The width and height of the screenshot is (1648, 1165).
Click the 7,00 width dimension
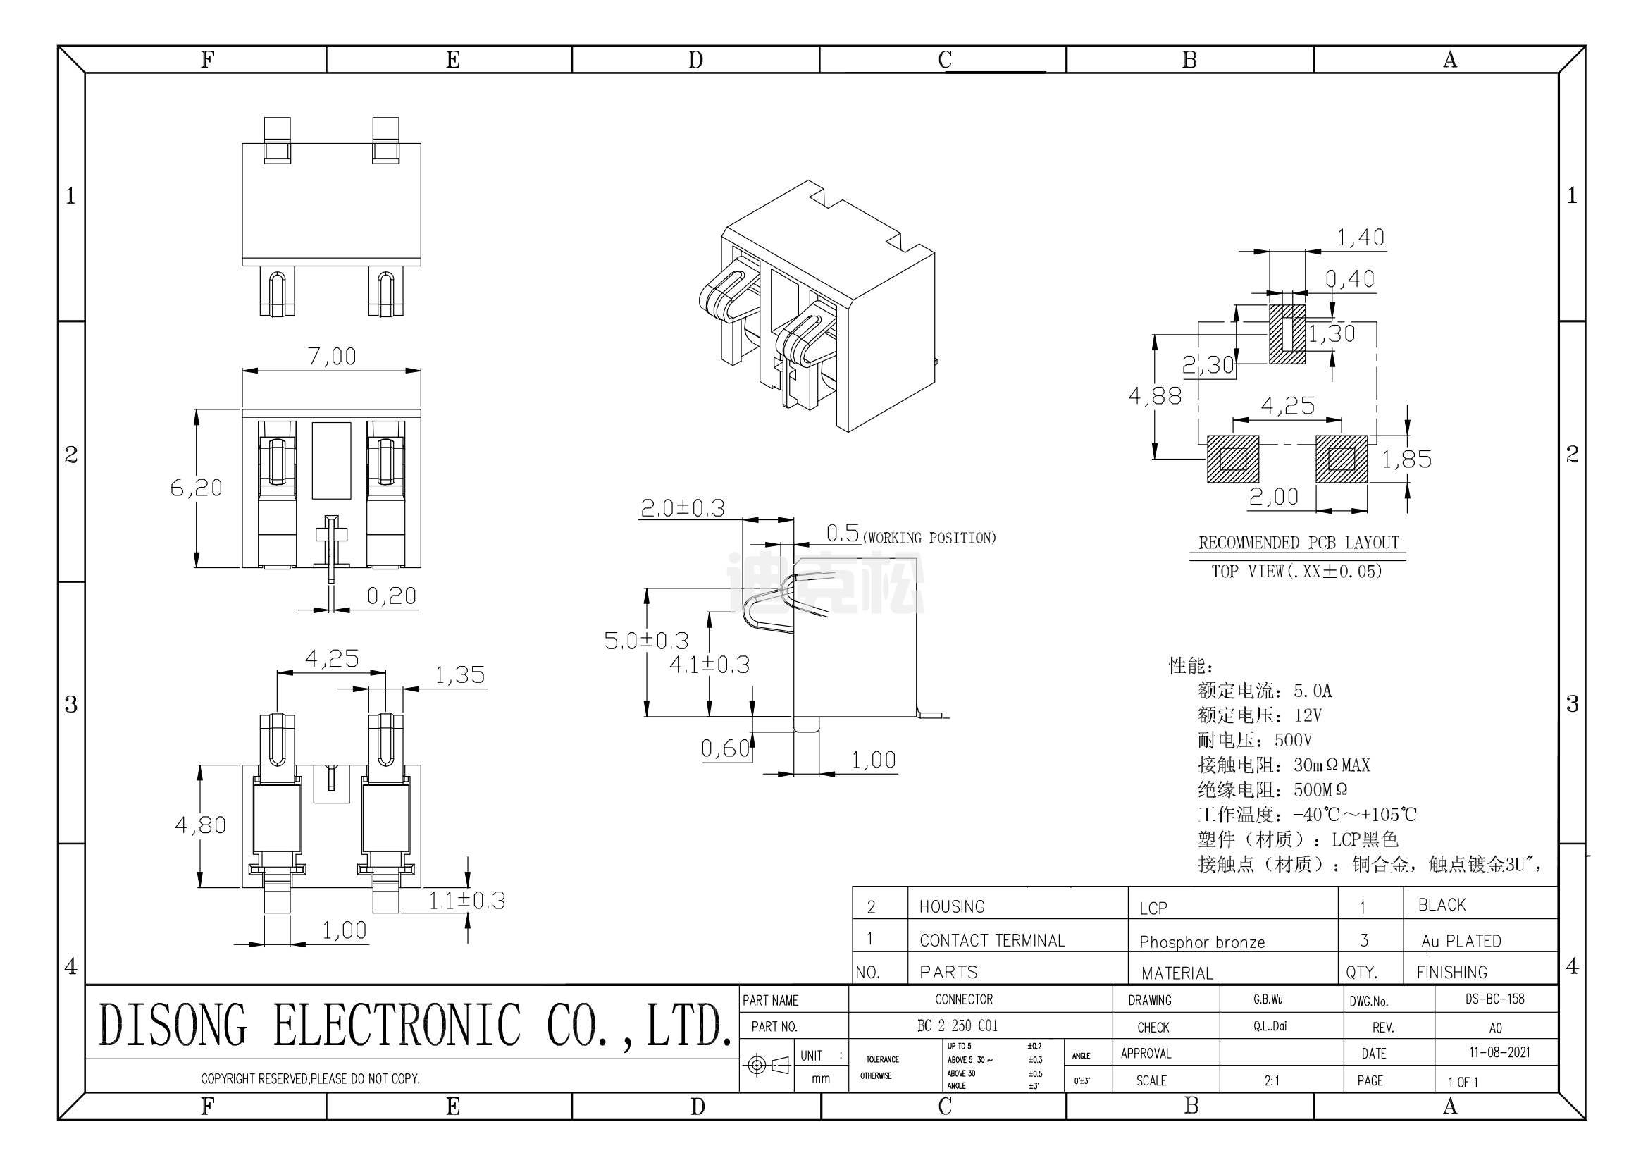coord(332,357)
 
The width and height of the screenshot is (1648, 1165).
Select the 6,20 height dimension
coord(196,488)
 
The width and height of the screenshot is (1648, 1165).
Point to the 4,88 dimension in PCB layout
coord(1155,395)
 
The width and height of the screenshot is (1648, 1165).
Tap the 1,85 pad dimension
coord(1407,460)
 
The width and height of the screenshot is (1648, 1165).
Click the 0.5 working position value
coord(843,534)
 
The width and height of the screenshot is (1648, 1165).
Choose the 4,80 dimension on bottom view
coord(200,825)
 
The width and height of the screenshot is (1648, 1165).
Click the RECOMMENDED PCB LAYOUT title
coord(1299,543)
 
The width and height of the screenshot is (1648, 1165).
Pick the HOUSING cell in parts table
coord(952,906)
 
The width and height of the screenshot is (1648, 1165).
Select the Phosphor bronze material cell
coord(1201,942)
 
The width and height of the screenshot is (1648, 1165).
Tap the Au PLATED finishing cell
coord(1461,941)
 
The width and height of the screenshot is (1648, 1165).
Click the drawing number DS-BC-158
coord(1494,999)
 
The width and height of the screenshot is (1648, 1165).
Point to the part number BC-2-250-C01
coord(958,1025)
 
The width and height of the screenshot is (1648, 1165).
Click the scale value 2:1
coord(1272,1080)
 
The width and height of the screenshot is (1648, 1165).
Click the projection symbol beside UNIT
coord(767,1065)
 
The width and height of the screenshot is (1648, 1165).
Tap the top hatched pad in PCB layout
coord(1287,335)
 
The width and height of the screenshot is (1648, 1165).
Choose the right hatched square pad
coord(1341,459)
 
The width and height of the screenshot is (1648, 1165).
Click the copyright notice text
coord(310,1079)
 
